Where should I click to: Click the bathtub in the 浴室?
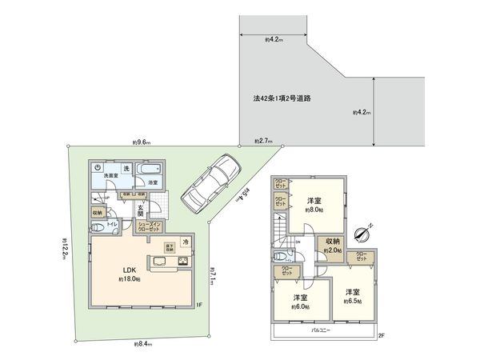coord(150,173)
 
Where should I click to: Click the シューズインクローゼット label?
coord(151,226)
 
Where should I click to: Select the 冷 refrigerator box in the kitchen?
coord(185,242)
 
